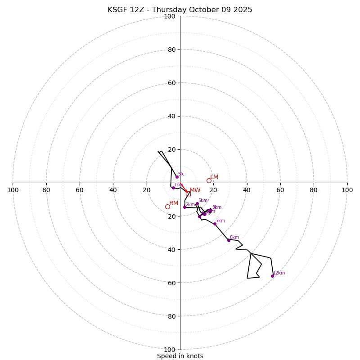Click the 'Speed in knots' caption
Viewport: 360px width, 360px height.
click(180, 356)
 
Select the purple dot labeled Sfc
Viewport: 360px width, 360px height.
click(177, 177)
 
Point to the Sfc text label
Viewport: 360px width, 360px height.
click(181, 174)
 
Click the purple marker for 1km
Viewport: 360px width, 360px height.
click(173, 188)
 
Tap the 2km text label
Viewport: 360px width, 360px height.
click(190, 204)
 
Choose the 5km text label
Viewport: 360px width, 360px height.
click(203, 201)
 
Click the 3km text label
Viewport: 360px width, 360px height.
click(217, 207)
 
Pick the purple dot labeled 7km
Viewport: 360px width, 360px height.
click(215, 224)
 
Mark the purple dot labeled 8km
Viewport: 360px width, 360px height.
click(229, 240)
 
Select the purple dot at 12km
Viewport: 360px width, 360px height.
click(272, 276)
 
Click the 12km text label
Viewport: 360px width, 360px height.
click(279, 273)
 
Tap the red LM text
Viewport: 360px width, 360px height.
click(214, 177)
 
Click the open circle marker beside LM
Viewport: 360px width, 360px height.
click(209, 180)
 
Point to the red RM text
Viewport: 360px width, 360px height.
click(174, 203)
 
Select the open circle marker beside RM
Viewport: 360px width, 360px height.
click(167, 207)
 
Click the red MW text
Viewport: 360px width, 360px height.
click(195, 190)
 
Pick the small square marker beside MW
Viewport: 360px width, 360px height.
click(188, 193)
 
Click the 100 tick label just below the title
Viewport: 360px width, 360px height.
click(169, 16)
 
